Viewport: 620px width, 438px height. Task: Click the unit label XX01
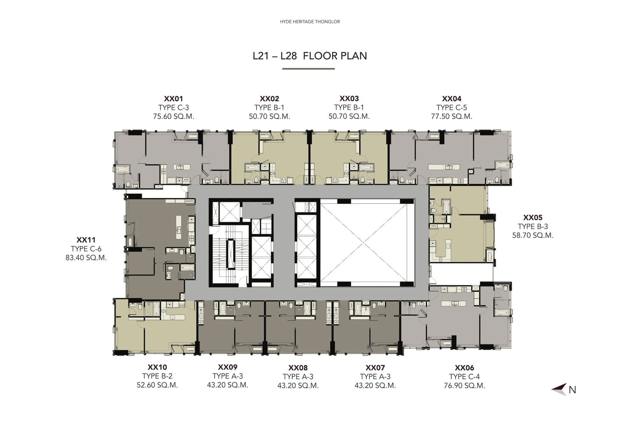pos(174,99)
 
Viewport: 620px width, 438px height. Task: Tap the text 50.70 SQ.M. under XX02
pos(269,117)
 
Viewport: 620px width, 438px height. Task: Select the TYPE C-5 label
pos(451,108)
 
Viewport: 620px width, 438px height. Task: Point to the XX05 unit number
pos(532,218)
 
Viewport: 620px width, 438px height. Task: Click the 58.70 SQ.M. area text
pos(533,236)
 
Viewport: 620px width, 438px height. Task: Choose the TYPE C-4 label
pos(464,377)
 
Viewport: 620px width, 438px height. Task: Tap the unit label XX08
pos(298,368)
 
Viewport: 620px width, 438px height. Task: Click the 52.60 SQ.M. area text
pos(157,385)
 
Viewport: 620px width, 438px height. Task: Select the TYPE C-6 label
pos(86,249)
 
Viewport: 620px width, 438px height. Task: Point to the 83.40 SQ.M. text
pos(86,258)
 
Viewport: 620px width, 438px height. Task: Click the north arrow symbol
pos(559,389)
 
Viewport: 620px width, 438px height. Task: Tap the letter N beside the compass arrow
pos(572,390)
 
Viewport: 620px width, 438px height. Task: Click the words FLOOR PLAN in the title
pos(335,56)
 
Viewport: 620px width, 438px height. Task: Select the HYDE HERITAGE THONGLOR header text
pos(310,21)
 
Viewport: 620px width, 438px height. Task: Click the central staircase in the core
pos(230,254)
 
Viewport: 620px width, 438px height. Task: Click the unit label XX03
pos(349,99)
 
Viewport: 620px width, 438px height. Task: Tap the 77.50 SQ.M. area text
pos(451,117)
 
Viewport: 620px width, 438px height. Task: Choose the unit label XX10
pos(157,367)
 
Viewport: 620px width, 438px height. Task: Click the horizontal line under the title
pos(308,69)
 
